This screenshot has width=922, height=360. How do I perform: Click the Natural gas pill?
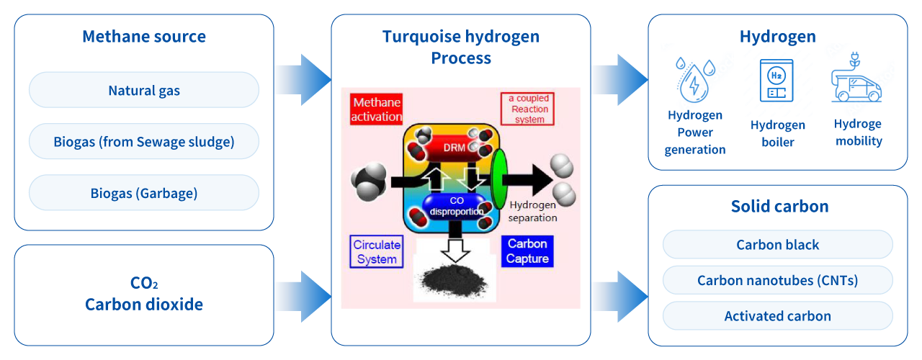pos(144,91)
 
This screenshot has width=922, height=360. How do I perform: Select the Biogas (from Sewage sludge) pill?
pos(144,142)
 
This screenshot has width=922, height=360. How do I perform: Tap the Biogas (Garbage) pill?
pos(144,193)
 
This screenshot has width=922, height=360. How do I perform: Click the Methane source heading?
pos(144,37)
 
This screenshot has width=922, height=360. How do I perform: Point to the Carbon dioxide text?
pos(144,305)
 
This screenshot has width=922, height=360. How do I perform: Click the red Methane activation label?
pos(376,109)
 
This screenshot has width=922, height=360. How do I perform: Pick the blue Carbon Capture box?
pos(527,251)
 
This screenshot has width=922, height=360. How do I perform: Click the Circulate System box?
pos(377,252)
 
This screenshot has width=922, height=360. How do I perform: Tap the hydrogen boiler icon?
pos(776,81)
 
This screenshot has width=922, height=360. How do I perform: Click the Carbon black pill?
pos(777,245)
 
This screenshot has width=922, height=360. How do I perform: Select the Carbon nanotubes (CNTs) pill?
pos(777,280)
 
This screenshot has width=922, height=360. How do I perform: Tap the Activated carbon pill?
pos(777,316)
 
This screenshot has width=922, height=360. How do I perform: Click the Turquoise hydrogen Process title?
pos(461,47)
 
